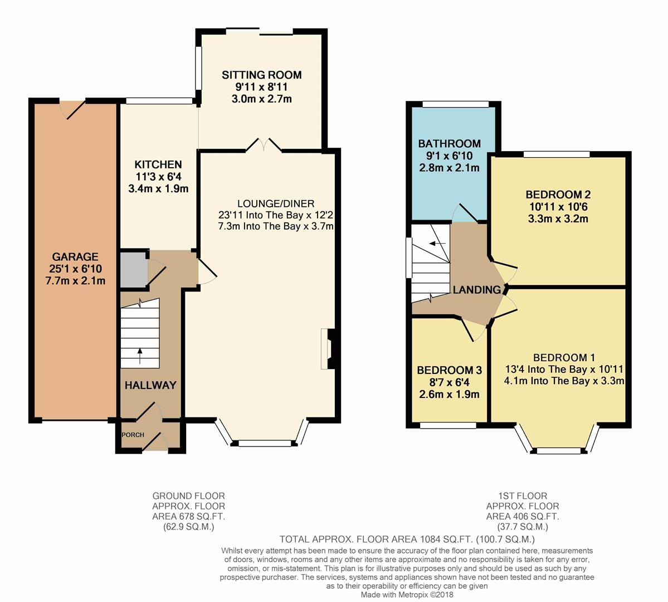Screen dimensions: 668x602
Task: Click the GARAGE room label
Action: click(75, 256)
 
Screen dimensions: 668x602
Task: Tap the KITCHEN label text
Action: click(158, 164)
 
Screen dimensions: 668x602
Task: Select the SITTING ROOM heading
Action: click(262, 75)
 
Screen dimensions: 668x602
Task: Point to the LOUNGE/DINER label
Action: click(276, 204)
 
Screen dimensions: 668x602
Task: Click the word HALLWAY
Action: click(150, 385)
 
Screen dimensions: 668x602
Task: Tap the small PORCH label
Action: click(133, 435)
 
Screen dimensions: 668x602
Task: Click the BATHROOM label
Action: click(450, 144)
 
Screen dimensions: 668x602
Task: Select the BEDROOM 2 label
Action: click(558, 195)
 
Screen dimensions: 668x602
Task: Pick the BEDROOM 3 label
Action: click(449, 370)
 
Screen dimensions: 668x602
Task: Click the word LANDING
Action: click(477, 290)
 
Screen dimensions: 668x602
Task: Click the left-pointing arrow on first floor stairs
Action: click(437, 244)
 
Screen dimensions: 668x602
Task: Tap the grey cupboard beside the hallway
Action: click(133, 270)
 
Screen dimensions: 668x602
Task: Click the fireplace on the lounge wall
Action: click(329, 349)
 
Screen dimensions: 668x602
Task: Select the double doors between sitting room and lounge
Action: click(264, 145)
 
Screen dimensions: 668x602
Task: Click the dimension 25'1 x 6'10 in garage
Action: click(75, 269)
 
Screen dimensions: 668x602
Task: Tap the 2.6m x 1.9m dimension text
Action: click(450, 395)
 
